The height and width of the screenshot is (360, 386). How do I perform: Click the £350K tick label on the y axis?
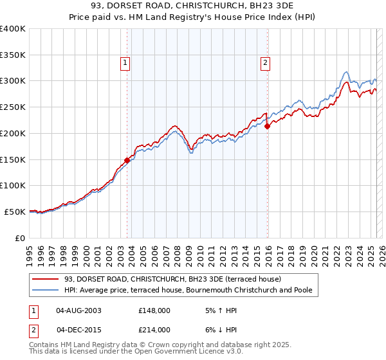[13, 55]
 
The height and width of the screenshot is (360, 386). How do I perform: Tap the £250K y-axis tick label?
[13, 107]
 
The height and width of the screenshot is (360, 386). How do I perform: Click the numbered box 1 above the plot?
[124, 62]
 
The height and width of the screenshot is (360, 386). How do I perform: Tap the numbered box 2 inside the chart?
[265, 62]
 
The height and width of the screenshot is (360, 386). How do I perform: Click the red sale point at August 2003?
[127, 161]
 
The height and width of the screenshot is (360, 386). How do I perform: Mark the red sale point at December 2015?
[268, 127]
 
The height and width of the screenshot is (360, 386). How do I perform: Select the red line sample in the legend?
[45, 280]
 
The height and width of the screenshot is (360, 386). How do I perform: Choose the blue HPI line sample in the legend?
[45, 291]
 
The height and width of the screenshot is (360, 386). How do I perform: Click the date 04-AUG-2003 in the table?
[79, 310]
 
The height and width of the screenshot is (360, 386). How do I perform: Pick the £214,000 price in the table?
[154, 330]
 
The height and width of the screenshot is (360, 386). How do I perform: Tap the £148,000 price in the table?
[154, 310]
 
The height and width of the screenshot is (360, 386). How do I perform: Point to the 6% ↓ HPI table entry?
[219, 330]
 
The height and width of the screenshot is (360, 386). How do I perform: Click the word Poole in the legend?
[300, 291]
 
